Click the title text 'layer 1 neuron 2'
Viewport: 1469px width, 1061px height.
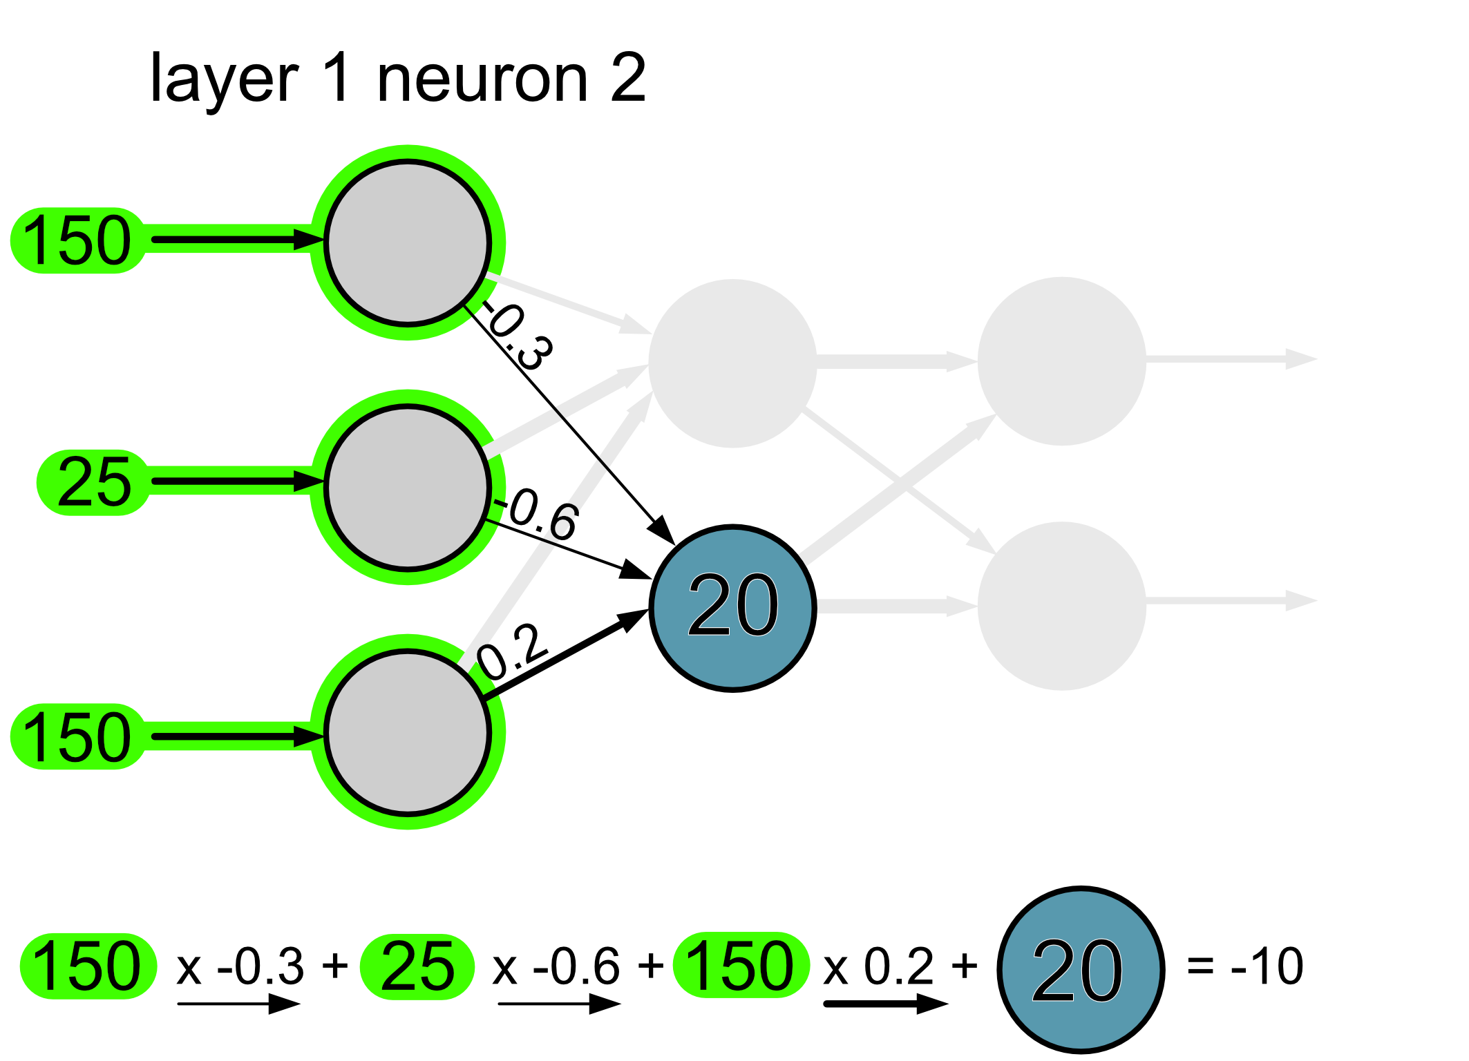[x=397, y=78]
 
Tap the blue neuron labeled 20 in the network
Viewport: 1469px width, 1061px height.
[x=732, y=608]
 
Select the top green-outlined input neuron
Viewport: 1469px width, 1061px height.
[x=408, y=242]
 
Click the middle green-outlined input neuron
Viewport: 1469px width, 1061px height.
[x=408, y=487]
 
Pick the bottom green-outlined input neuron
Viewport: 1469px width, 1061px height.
[x=408, y=732]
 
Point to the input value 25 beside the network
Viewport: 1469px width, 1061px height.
[x=94, y=482]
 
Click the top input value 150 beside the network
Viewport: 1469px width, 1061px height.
[x=77, y=240]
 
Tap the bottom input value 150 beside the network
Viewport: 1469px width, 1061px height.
[x=77, y=736]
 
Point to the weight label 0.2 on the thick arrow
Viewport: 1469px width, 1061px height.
[x=512, y=651]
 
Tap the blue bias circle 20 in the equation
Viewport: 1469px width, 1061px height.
[x=1081, y=970]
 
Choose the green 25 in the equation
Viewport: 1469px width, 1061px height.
[x=417, y=966]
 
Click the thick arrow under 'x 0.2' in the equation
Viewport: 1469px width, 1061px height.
[x=885, y=1004]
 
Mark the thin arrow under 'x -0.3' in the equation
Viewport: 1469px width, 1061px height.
[x=238, y=1004]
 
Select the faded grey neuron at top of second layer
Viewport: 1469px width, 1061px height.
[x=732, y=363]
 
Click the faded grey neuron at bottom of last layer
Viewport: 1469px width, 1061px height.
[x=1061, y=606]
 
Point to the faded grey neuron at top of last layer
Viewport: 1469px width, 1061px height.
[x=1061, y=361]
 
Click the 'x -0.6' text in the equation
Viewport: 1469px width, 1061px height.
[x=556, y=966]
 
